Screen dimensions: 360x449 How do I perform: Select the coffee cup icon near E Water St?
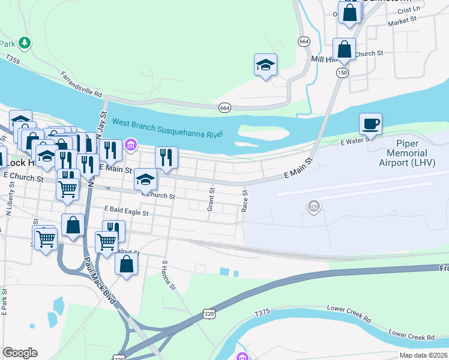click(x=370, y=124)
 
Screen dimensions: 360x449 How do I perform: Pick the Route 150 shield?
click(x=342, y=73)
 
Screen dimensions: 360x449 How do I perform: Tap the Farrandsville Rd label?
click(x=81, y=85)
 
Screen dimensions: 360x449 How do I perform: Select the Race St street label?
click(x=245, y=202)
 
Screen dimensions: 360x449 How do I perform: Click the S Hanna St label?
click(x=169, y=275)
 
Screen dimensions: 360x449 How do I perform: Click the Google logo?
click(x=20, y=353)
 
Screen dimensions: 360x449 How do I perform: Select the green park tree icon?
click(x=25, y=43)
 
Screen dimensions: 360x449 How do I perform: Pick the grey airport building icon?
click(x=313, y=207)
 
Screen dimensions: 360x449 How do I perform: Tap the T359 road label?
click(x=13, y=59)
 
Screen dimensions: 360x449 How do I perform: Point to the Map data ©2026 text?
click(x=423, y=355)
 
